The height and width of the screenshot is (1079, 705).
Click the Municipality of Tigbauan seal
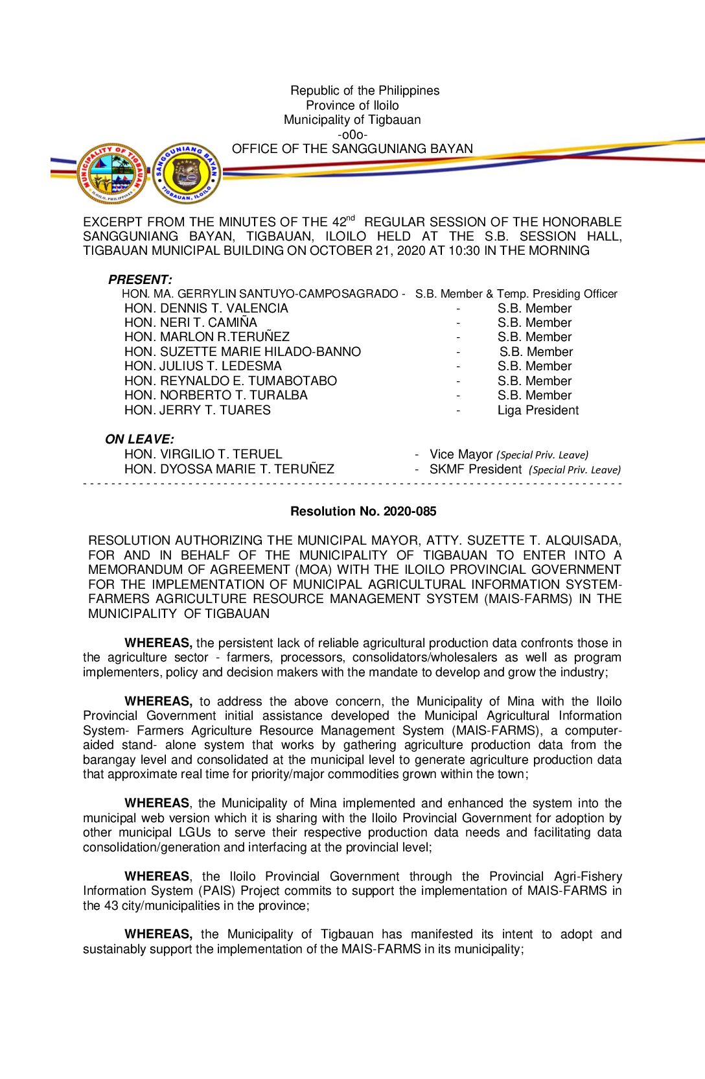[x=112, y=173]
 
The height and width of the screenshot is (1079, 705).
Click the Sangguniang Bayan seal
[x=187, y=173]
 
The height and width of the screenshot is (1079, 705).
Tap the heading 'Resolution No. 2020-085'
[x=363, y=511]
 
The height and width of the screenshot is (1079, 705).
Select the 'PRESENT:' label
[x=140, y=279]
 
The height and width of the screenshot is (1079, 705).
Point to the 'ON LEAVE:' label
[x=139, y=439]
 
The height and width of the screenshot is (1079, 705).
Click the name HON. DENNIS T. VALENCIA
[x=206, y=308]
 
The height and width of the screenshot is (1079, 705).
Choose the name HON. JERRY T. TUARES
[x=198, y=410]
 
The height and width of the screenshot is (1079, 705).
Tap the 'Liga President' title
[x=538, y=410]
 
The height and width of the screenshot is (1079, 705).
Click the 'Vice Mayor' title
[x=461, y=454]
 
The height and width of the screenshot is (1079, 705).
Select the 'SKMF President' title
[x=475, y=469]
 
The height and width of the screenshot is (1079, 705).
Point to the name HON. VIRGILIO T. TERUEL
[x=203, y=454]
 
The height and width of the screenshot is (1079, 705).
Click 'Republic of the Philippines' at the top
[x=365, y=90]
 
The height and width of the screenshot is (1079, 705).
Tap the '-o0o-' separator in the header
[x=352, y=134]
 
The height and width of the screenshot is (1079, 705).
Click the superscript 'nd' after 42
[x=351, y=218]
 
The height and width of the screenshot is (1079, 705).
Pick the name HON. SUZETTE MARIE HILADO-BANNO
[x=242, y=351]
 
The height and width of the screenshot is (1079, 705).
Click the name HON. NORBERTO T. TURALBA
[x=216, y=395]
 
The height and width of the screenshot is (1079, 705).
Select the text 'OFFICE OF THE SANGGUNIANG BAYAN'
[x=352, y=148]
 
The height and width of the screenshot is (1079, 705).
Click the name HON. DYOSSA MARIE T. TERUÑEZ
[x=229, y=469]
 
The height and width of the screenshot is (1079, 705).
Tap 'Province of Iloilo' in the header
[x=352, y=105]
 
